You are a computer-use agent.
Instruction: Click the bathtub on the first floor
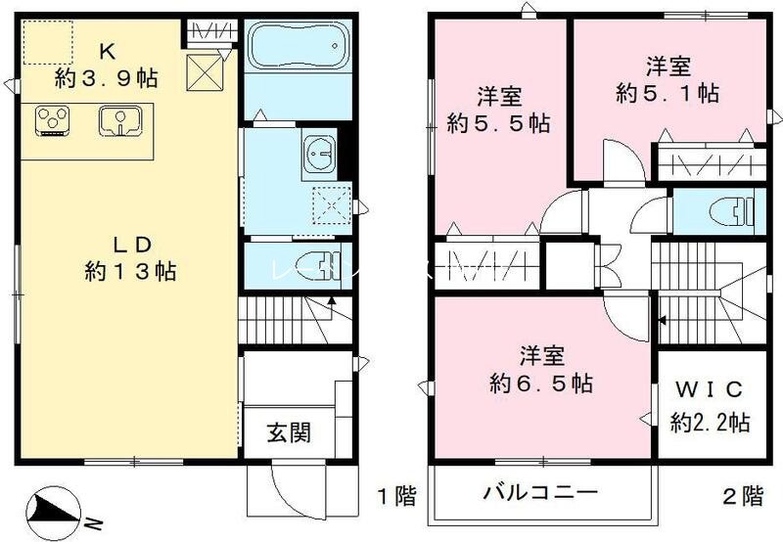click(x=296, y=46)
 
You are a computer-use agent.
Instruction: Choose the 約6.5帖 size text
click(x=539, y=384)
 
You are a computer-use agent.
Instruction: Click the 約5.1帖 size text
click(x=668, y=94)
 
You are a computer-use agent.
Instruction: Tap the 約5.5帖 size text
click(x=497, y=124)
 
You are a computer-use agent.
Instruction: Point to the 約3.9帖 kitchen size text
click(x=106, y=78)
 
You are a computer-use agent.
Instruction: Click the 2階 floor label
click(x=741, y=496)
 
